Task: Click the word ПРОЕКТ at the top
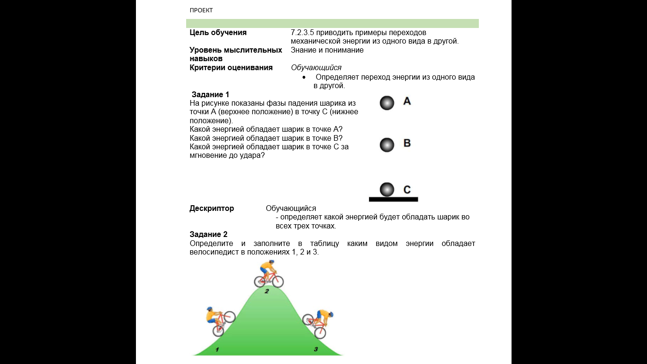pos(201,10)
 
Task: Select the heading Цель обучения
pos(218,33)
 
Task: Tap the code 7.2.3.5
pos(303,33)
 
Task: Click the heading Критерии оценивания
pos(231,68)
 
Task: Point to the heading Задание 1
pos(210,95)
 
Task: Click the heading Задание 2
pos(208,235)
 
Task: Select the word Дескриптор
pos(212,209)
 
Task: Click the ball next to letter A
pos(387,103)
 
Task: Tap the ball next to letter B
pos(387,145)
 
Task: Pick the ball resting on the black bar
pos(387,190)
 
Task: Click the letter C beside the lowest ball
pos(407,190)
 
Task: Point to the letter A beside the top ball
pos(407,101)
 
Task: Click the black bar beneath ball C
pos(393,200)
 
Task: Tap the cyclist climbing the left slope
pos(220,321)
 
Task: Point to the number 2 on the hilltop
pos(267,291)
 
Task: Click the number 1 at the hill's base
pos(217,350)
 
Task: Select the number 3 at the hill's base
pos(316,350)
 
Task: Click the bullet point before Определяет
pos(310,77)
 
